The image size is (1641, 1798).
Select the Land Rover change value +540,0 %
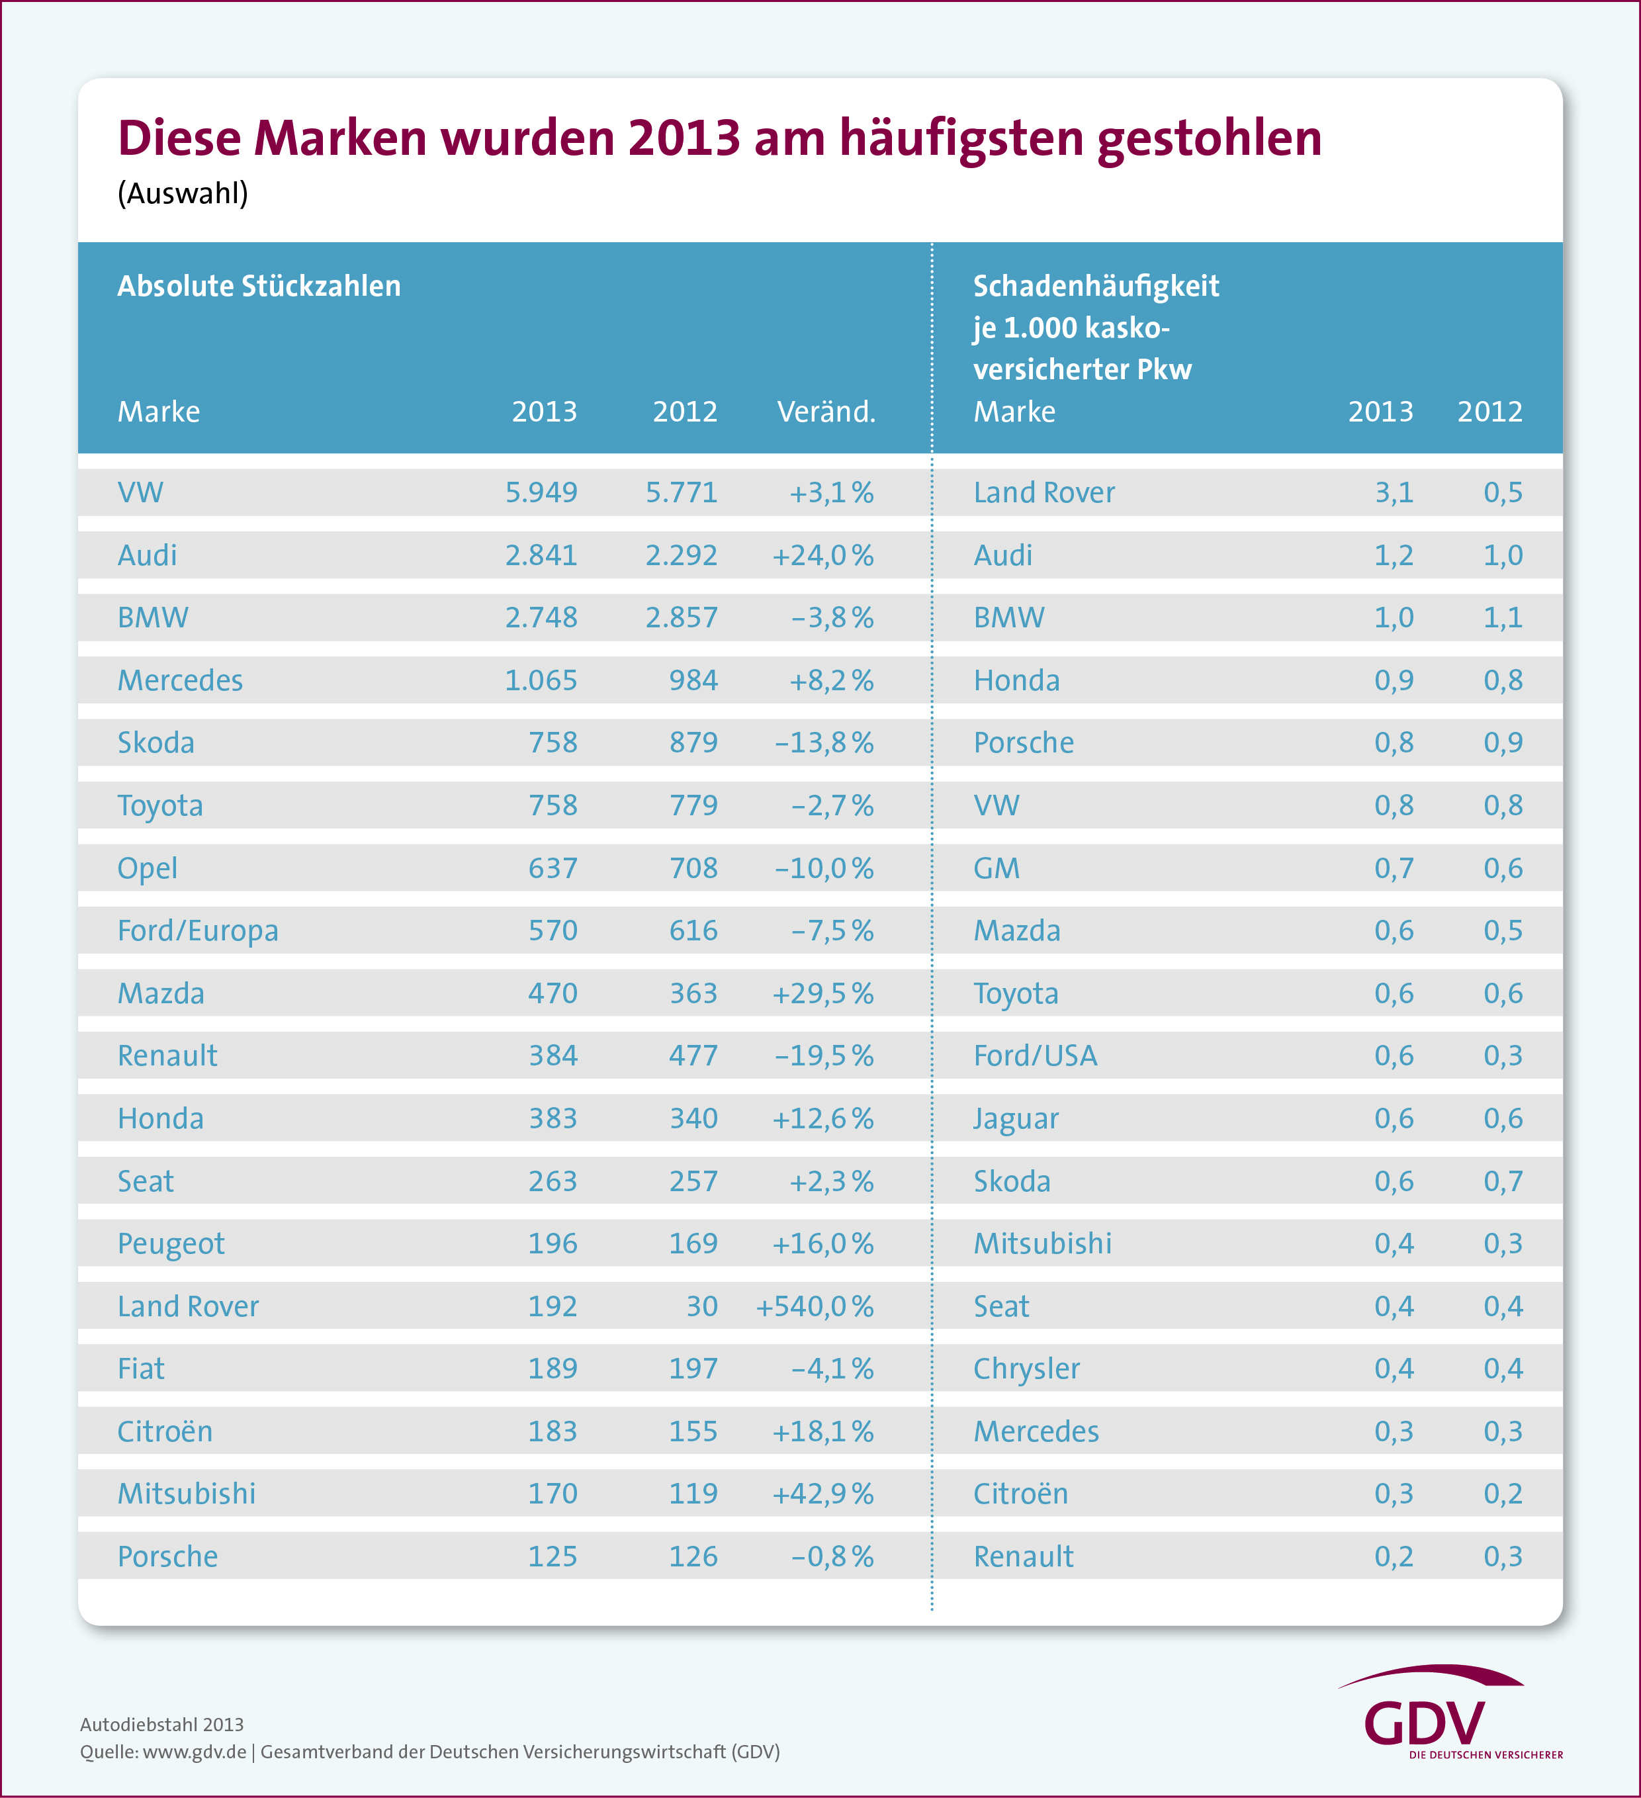[815, 1306]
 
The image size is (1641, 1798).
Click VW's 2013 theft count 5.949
[541, 492]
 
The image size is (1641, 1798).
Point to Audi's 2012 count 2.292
[682, 555]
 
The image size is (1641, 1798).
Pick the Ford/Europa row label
[198, 930]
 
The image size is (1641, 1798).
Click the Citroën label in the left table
[165, 1431]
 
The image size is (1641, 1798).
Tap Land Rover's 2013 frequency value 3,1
[1394, 492]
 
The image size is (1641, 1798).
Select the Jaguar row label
[1016, 1118]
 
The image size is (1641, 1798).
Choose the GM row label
[997, 868]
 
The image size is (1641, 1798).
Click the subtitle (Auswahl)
[183, 193]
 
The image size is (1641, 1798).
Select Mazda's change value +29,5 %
[822, 993]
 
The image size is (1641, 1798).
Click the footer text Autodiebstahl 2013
[162, 1724]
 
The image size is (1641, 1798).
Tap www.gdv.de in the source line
[195, 1752]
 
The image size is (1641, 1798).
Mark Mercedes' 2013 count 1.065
[541, 680]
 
